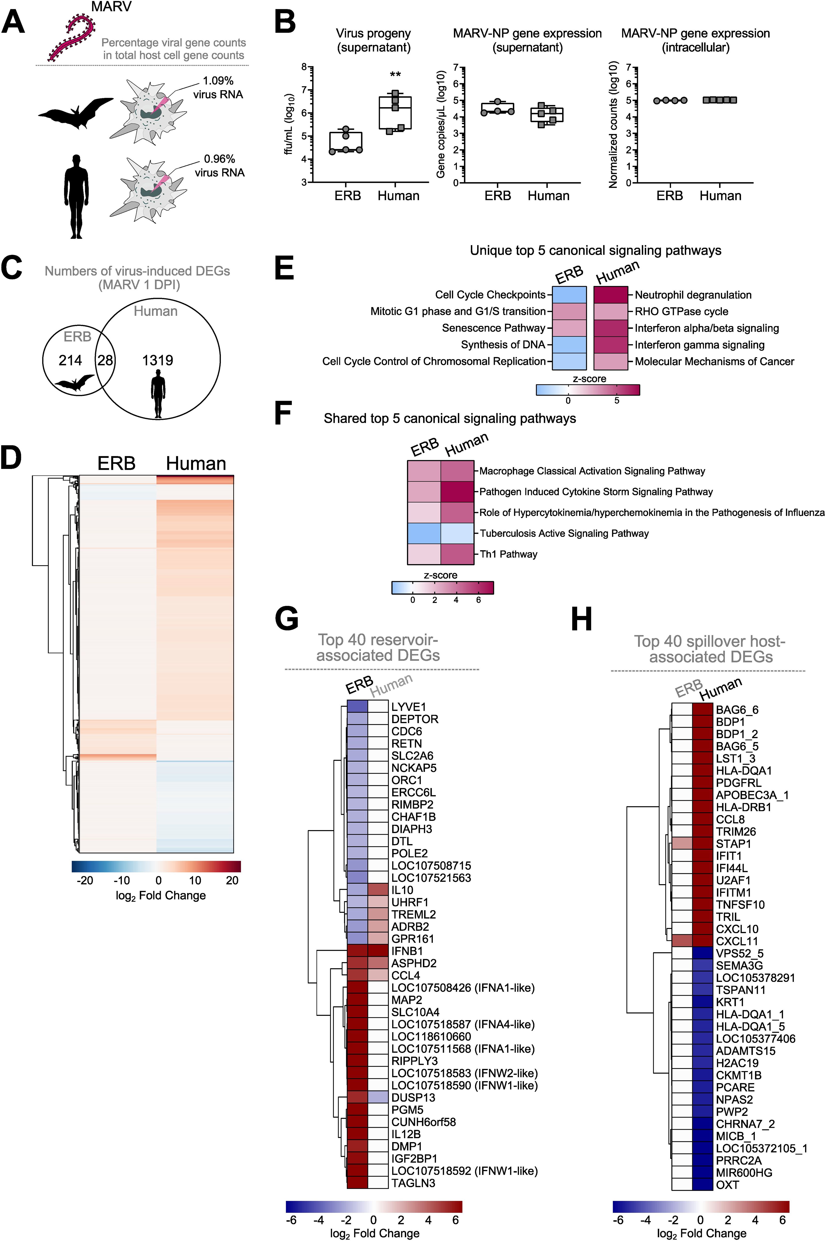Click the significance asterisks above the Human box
(395, 75)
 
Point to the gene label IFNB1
(407, 951)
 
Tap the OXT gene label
(727, 1185)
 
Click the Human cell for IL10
(378, 890)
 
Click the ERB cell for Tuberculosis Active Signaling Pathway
(424, 533)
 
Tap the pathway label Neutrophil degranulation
(693, 295)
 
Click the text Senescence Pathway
(493, 328)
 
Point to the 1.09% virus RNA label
(218, 88)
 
